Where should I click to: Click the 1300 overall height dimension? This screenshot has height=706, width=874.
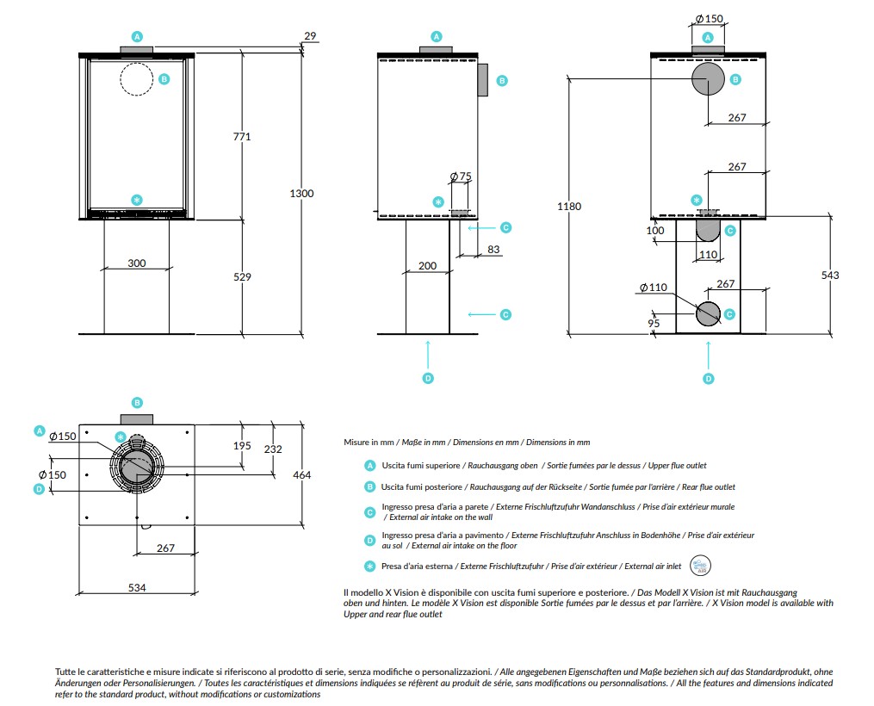coord(301,194)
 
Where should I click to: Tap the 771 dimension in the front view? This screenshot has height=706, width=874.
coord(242,137)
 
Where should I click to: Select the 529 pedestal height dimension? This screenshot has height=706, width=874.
coord(242,276)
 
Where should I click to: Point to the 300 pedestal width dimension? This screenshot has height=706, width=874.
coord(137,263)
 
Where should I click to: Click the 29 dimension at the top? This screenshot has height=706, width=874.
coord(310,35)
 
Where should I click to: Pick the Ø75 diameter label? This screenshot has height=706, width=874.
coord(461,176)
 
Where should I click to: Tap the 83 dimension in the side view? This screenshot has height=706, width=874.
coord(493,249)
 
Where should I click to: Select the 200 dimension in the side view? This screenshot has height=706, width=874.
coord(427,266)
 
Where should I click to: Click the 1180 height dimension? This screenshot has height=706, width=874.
coord(569,206)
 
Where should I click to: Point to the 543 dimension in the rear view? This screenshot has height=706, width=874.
coord(830,275)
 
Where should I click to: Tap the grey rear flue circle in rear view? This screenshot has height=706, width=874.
coord(708,79)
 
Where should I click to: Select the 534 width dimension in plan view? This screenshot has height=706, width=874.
coord(137,587)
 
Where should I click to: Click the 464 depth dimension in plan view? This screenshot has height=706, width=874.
coord(301,474)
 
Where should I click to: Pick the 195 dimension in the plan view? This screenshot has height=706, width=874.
coord(242,445)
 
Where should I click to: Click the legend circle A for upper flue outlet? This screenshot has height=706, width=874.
coord(369,465)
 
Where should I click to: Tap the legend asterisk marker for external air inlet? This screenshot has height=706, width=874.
coord(369,567)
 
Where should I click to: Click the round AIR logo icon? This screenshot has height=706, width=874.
coord(701,566)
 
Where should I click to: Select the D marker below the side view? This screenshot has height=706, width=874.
coord(427,378)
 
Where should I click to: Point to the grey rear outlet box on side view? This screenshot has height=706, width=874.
coord(482,80)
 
